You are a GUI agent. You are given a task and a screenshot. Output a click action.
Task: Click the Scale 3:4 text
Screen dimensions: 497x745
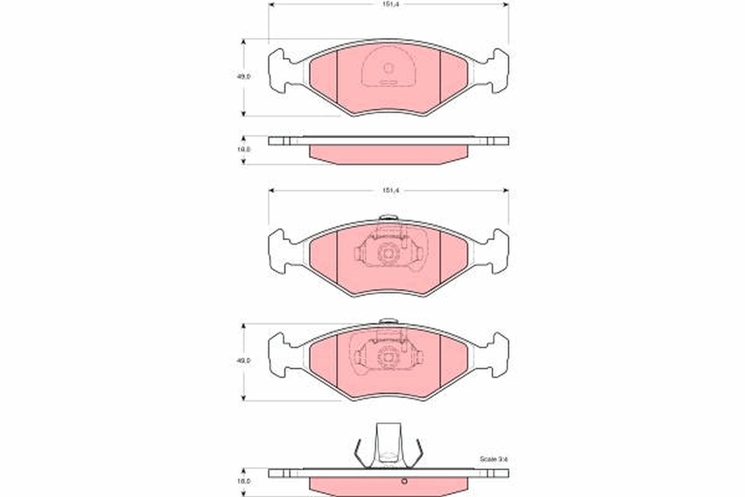(494, 458)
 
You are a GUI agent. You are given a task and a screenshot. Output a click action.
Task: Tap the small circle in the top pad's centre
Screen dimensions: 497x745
(389, 68)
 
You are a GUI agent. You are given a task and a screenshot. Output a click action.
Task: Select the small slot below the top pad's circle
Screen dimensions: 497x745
(389, 82)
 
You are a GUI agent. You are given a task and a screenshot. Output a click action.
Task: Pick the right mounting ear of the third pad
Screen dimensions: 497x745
(497, 354)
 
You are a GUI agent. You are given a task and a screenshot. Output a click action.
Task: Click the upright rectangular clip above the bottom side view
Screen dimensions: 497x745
(388, 442)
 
